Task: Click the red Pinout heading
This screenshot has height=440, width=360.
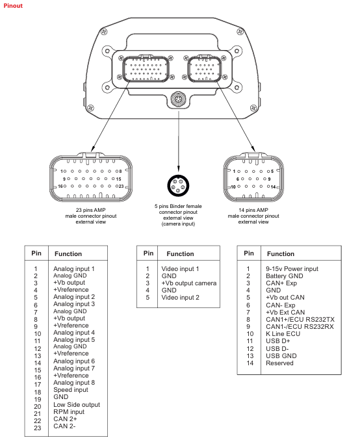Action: [x=13, y=6]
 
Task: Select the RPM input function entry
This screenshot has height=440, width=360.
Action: [x=69, y=411]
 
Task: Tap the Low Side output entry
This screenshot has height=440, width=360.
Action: [x=77, y=405]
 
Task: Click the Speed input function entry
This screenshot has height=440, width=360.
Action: [x=71, y=390]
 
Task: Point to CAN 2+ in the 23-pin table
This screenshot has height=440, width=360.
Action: [x=65, y=419]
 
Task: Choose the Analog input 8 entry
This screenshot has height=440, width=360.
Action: [x=74, y=382]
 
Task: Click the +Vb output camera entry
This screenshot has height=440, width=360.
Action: [x=189, y=283]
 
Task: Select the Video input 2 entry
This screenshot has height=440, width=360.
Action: [x=180, y=298]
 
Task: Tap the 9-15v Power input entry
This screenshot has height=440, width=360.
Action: [x=292, y=269]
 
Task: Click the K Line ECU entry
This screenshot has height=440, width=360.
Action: [x=283, y=333]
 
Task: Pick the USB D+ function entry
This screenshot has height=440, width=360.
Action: [x=277, y=341]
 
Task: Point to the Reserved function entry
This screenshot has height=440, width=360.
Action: [x=279, y=363]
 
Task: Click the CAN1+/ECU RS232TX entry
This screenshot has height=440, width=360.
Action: [x=300, y=319]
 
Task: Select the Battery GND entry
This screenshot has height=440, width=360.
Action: [x=284, y=276]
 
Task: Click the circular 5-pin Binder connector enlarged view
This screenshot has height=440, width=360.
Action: [x=178, y=185]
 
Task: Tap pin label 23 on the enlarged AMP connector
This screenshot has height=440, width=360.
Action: [x=121, y=186]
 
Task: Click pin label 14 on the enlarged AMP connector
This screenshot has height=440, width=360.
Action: [x=273, y=187]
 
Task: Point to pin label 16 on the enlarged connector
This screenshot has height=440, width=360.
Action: [x=60, y=186]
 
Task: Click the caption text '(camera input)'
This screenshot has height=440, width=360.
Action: [x=178, y=224]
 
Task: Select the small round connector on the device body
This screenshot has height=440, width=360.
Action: [x=178, y=99]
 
